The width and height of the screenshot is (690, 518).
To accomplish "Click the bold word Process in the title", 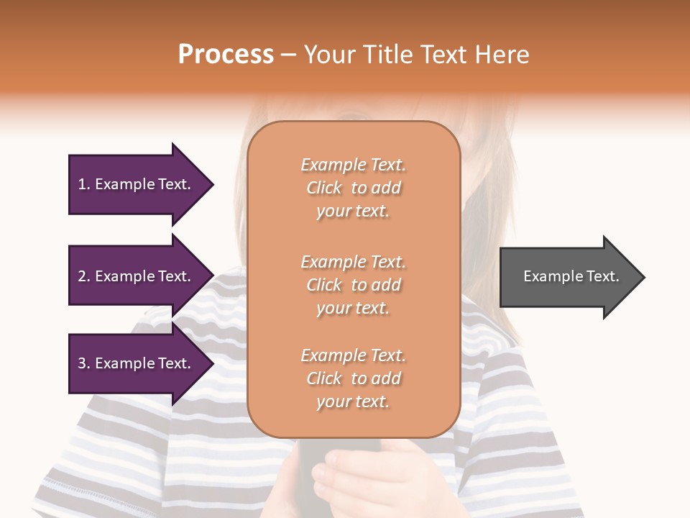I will point(226,55).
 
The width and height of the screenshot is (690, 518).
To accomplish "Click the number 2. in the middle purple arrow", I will point(84,276).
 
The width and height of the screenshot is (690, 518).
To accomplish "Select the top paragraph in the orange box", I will point(353,188).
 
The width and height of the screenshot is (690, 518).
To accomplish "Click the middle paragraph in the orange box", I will point(353,285).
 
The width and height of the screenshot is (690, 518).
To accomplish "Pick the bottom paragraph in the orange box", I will point(353,378).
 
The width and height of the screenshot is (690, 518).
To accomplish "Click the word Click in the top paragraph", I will point(324,188).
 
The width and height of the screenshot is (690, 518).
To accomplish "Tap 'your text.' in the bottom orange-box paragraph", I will point(353,401).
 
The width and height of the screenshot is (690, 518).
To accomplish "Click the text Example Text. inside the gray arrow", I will point(571,276).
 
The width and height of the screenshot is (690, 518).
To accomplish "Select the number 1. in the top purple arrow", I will point(84,184).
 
